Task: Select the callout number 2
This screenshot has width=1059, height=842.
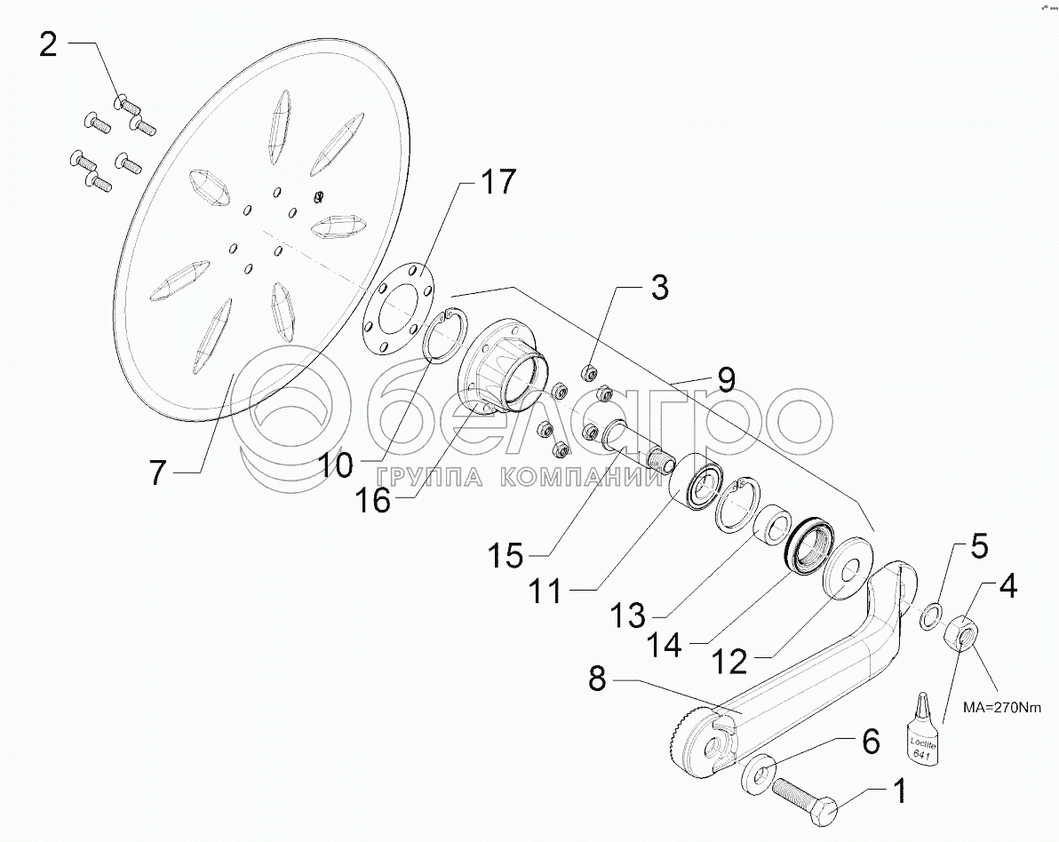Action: [48, 44]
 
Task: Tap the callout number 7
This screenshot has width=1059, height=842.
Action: [157, 473]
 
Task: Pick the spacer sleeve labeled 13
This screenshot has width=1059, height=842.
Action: [772, 525]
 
